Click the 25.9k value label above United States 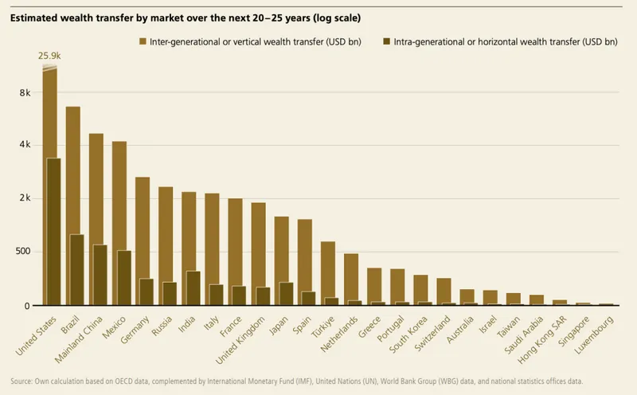pos(50,56)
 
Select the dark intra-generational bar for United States pos(54,232)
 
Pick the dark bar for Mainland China pos(100,275)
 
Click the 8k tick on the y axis pos(25,92)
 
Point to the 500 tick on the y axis pos(21,252)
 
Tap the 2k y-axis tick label pos(25,198)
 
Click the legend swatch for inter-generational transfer pos(142,40)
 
